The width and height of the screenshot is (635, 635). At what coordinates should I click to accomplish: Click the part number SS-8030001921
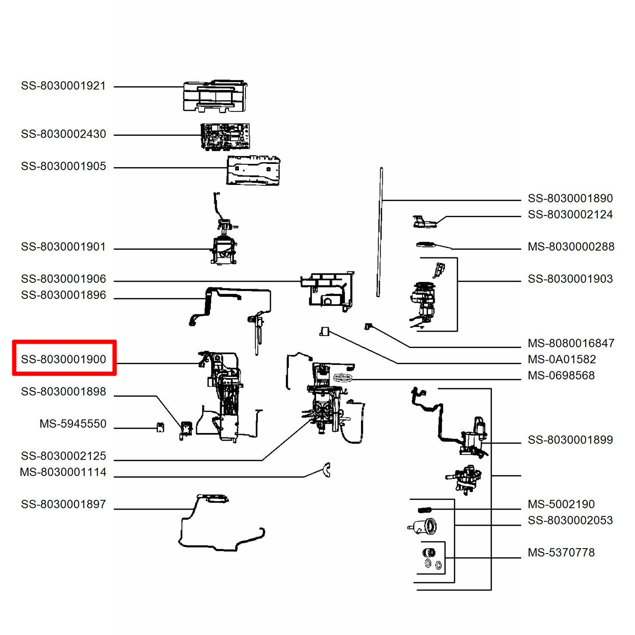(63, 86)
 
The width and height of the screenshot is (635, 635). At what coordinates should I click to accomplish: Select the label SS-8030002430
(63, 134)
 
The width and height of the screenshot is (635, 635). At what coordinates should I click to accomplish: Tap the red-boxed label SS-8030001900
(63, 359)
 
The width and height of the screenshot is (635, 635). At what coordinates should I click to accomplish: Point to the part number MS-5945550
(73, 424)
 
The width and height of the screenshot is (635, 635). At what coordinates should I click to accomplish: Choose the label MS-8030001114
(63, 472)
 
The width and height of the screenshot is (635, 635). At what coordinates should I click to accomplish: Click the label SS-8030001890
(570, 199)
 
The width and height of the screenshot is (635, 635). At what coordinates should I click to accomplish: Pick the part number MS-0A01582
(561, 359)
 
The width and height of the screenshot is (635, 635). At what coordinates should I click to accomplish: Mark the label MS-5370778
(561, 552)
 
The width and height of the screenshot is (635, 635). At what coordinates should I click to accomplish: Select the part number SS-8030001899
(570, 440)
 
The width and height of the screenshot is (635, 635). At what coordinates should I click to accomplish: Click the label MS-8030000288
(571, 247)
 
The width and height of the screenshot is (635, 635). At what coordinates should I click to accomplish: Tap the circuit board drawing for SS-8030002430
(225, 136)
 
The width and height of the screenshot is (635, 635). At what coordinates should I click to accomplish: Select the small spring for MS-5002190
(424, 510)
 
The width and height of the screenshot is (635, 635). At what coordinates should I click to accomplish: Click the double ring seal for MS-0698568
(343, 378)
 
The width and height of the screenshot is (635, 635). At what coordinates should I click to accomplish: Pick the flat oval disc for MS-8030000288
(425, 245)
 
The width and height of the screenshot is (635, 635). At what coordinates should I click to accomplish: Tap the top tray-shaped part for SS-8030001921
(215, 96)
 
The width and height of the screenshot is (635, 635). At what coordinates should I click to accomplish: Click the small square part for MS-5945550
(160, 427)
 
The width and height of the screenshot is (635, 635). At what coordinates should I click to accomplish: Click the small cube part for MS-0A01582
(324, 331)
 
